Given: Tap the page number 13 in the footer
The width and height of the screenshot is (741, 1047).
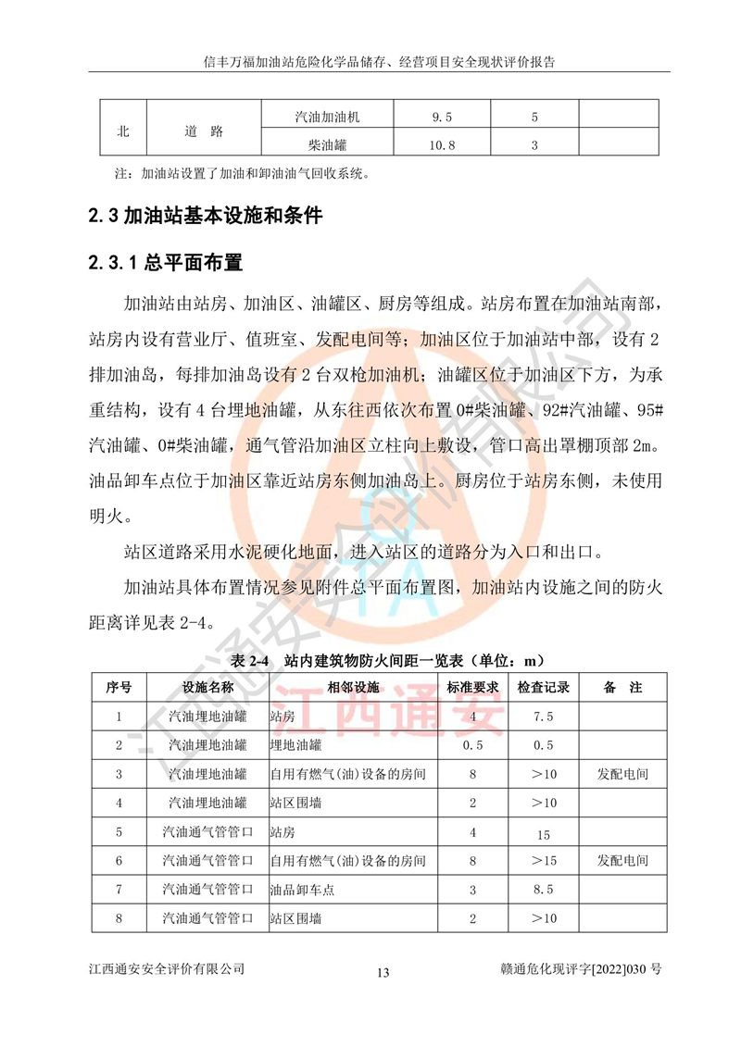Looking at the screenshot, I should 383,972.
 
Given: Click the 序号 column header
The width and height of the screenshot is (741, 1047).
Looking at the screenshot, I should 119,688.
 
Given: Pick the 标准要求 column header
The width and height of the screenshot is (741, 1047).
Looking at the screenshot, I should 472,688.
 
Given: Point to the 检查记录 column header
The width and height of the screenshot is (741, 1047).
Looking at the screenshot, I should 544,688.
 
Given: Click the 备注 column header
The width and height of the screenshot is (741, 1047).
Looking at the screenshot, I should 622,688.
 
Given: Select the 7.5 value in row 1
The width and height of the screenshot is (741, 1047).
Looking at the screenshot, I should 544,717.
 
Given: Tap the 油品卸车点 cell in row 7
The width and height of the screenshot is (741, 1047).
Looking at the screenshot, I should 298,890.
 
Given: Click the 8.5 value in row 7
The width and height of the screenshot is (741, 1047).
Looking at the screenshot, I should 544,890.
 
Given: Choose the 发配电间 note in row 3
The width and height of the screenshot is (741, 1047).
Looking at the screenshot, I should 622,774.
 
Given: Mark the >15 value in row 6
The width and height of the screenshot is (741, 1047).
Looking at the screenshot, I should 544,861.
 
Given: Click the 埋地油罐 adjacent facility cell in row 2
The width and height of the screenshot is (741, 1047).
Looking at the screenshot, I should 295,745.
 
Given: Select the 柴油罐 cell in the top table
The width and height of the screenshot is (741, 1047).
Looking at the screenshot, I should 327,145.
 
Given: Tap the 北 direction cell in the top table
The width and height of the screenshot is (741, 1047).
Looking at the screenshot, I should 122,131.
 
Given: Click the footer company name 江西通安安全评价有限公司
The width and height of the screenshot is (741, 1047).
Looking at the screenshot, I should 167,969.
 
